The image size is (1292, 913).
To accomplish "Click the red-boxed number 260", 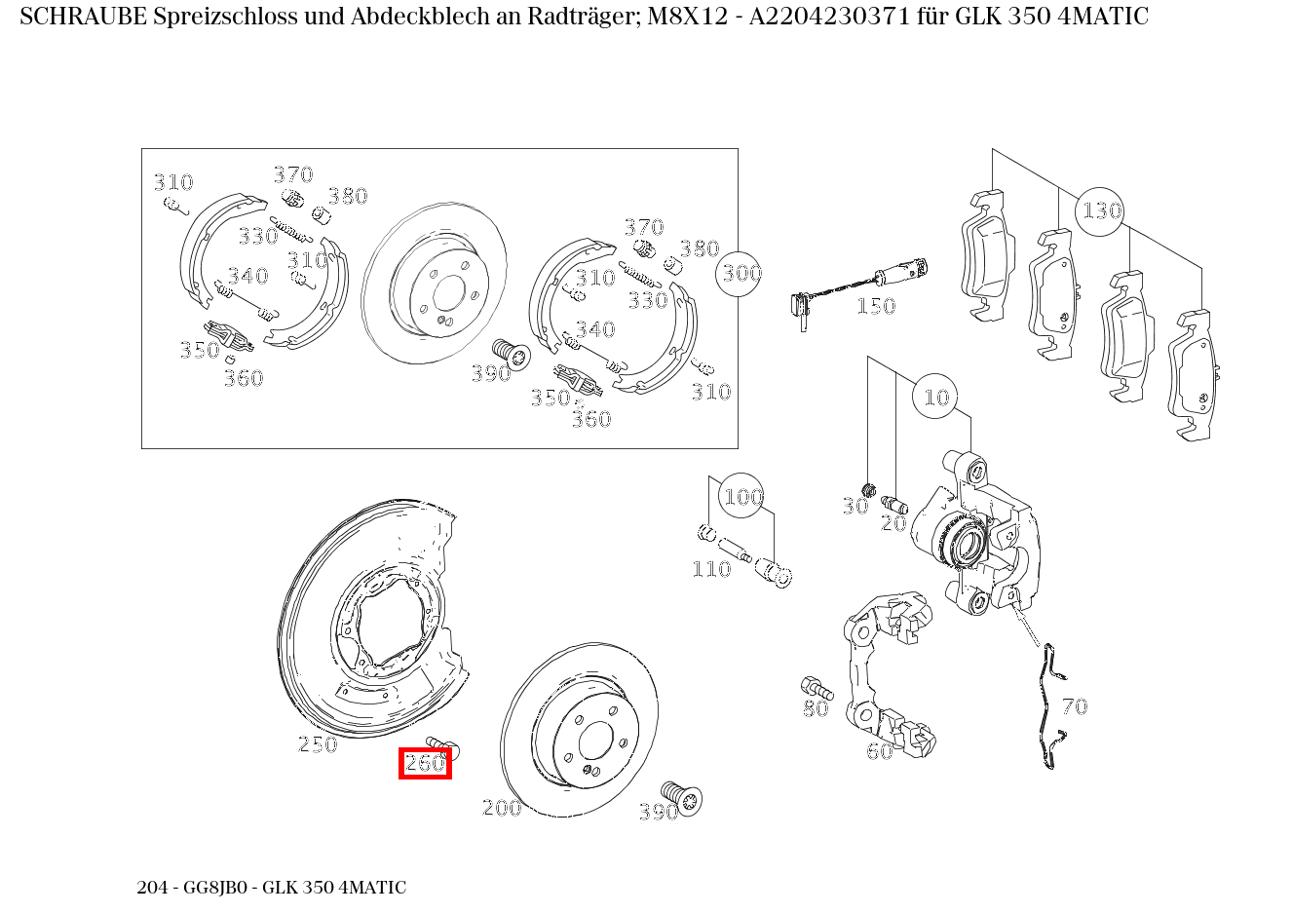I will [x=425, y=764].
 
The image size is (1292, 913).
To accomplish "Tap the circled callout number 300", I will [x=741, y=274].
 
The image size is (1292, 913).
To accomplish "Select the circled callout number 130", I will [x=1101, y=210].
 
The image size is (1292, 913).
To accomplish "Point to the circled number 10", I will [x=935, y=398].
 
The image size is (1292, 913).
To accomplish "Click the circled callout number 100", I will [x=742, y=498].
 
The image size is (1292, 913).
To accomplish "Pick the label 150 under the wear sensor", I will [x=875, y=307].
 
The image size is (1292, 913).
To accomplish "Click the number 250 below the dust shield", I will [x=317, y=745].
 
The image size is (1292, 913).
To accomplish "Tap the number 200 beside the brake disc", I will [x=502, y=808].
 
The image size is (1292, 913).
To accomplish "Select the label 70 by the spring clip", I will [x=1074, y=706].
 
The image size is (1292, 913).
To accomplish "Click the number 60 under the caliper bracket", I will [x=879, y=751].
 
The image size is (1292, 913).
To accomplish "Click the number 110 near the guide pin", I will [x=710, y=569].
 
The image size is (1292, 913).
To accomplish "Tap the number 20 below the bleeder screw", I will [x=893, y=523].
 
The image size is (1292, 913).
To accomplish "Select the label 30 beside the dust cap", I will [x=855, y=507].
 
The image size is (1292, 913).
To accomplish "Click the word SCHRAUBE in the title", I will [x=83, y=17].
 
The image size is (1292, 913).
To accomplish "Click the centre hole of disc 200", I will [x=594, y=743].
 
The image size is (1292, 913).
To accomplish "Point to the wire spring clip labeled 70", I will [x=1048, y=706].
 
